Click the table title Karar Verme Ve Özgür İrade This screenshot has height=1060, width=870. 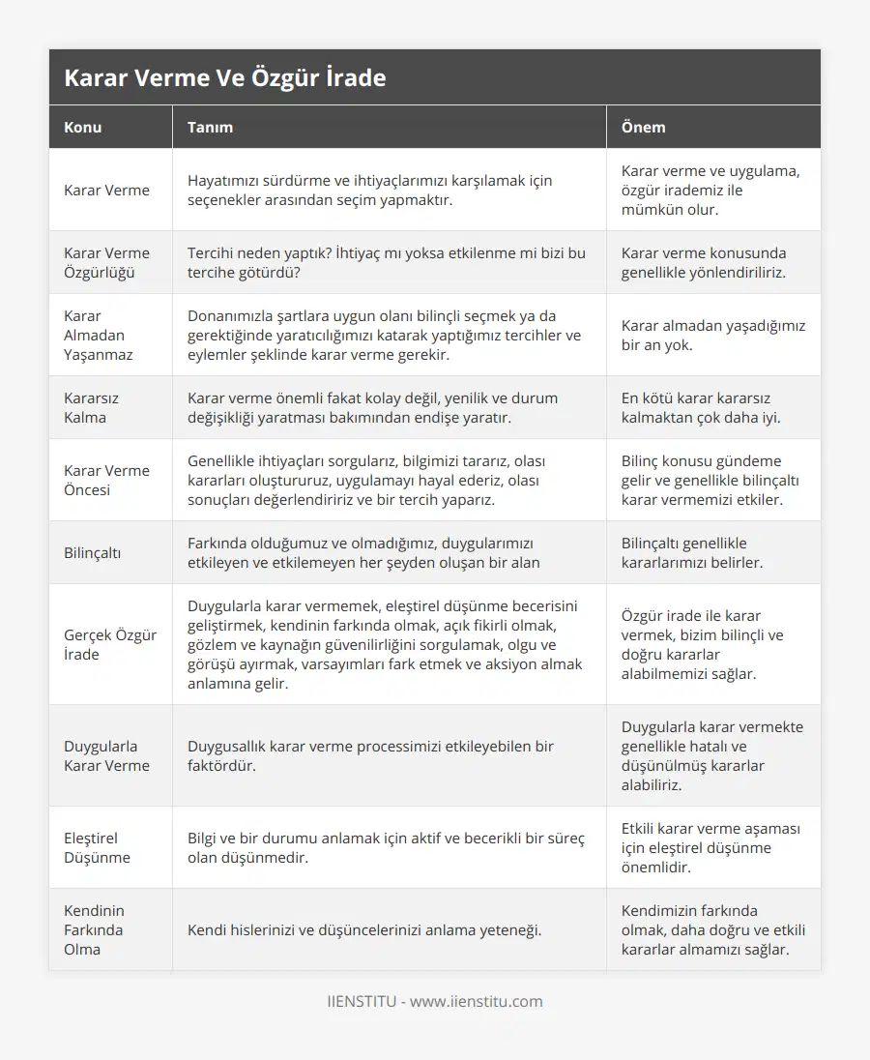224,78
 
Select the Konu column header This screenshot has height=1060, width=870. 82,127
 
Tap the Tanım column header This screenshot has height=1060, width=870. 210,127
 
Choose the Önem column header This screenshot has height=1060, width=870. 643,127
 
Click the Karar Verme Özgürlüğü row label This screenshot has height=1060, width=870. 106,262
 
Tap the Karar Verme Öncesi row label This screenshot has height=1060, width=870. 106,480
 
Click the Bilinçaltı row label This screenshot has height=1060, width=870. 93,552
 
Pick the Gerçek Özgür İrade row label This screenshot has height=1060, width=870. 109,644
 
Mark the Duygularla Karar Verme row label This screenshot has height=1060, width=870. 106,755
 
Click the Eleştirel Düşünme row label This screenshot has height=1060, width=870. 97,847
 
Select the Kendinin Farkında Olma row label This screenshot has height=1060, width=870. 95,929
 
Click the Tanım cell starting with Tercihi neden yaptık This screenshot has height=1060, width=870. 386,262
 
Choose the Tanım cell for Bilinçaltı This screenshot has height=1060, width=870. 363,552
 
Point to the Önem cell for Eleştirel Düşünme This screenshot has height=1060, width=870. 710,847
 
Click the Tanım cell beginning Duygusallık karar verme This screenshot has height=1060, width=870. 370,755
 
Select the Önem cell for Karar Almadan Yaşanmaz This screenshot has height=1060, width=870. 712,335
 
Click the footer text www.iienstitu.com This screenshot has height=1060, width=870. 477,1001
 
